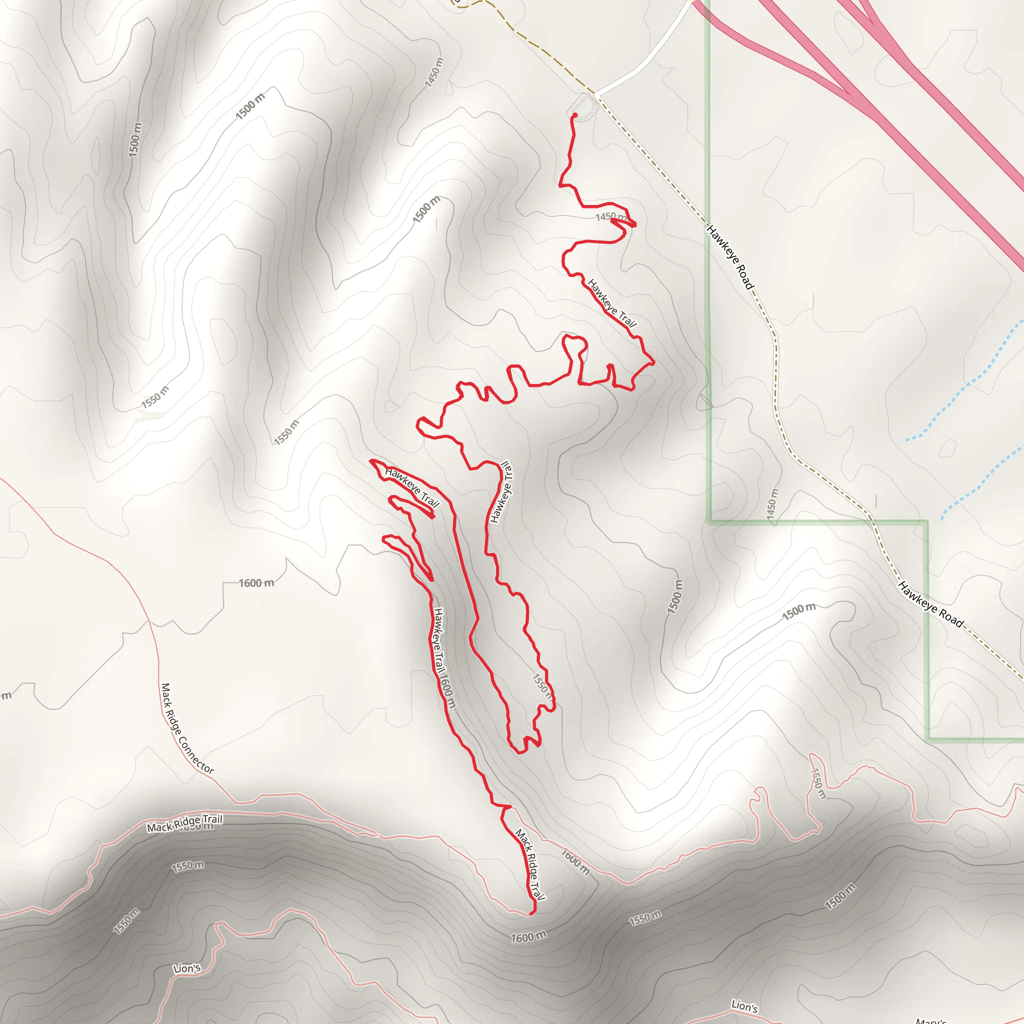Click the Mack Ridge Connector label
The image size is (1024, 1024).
click(187, 729)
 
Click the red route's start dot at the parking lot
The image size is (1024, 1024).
click(574, 115)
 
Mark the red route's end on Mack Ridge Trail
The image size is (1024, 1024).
click(531, 913)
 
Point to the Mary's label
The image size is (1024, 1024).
click(930, 1020)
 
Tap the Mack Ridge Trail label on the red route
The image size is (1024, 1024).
click(530, 864)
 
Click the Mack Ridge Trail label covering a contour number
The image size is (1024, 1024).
click(184, 823)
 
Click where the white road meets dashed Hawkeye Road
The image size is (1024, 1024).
click(594, 94)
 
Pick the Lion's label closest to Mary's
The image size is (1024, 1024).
click(744, 1005)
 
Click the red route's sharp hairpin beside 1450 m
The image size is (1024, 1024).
click(634, 224)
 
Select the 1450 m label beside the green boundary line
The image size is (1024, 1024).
click(772, 503)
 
